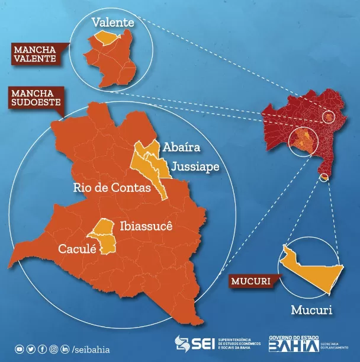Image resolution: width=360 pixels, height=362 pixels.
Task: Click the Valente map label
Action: (x=113, y=23)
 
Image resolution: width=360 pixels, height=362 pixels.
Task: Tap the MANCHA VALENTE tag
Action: (x=36, y=53)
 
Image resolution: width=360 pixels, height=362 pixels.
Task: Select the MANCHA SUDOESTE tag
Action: (x=33, y=98)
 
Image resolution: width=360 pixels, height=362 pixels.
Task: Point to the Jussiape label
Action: (x=195, y=167)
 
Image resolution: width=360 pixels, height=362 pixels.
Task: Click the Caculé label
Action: (x=77, y=249)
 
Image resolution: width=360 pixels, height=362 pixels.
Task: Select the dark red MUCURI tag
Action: (x=249, y=281)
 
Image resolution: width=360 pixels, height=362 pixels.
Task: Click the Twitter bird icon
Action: (x=31, y=350)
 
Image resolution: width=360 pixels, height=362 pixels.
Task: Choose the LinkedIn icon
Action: (x=65, y=350)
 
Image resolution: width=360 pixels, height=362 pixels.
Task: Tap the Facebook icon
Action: (x=42, y=350)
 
